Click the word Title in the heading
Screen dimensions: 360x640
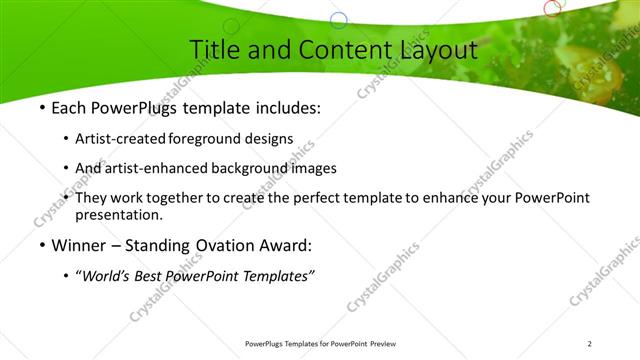tap(213, 49)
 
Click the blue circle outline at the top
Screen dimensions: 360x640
tap(339, 20)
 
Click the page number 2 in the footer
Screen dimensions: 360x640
tap(589, 344)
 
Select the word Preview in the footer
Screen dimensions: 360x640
tap(389, 344)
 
